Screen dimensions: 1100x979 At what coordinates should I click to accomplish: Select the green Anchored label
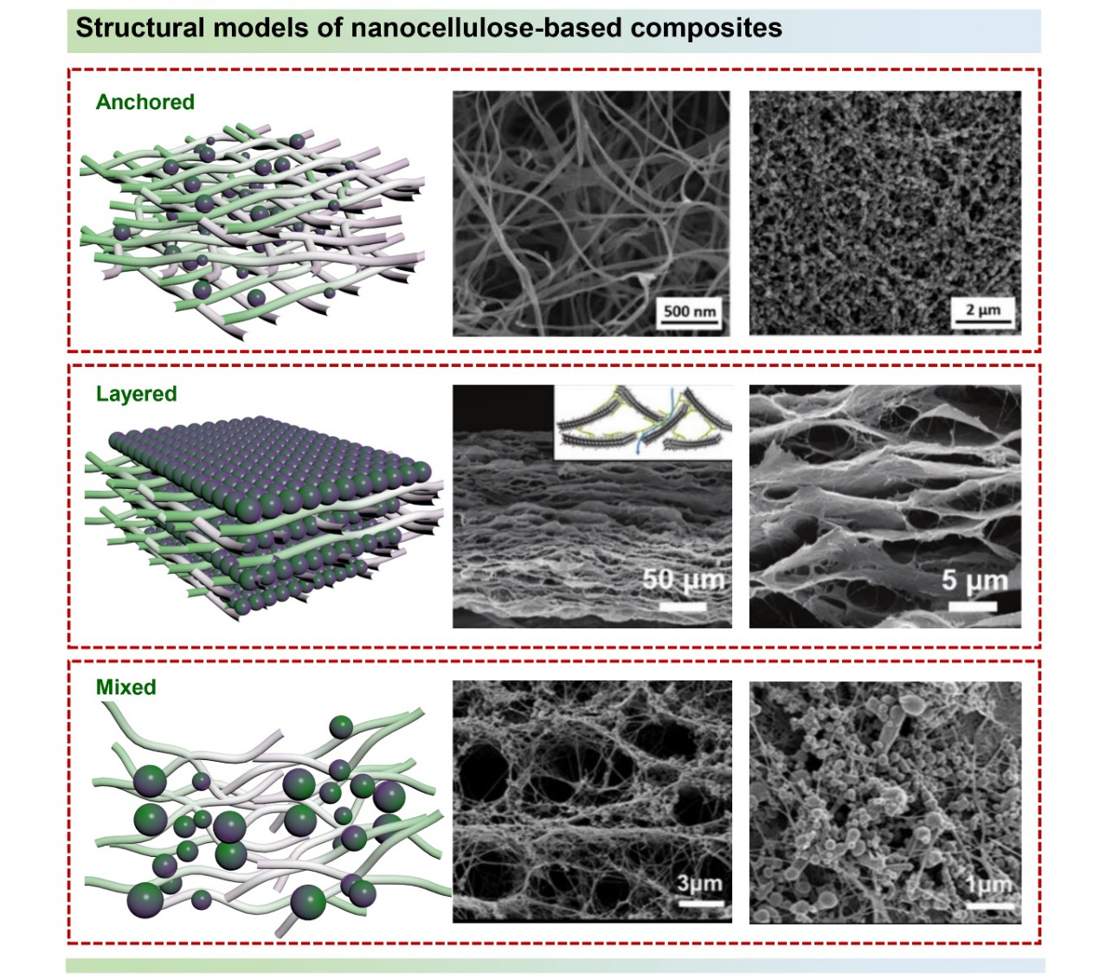pyautogui.click(x=145, y=102)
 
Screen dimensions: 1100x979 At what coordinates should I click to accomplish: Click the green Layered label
pyautogui.click(x=136, y=394)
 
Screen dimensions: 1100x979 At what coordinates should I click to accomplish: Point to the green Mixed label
pyautogui.click(x=126, y=687)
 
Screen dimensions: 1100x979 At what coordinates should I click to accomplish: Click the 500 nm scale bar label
pyautogui.click(x=689, y=311)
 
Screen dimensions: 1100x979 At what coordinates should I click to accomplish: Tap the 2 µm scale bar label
pyautogui.click(x=983, y=310)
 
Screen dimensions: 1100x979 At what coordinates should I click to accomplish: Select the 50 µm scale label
pyautogui.click(x=684, y=579)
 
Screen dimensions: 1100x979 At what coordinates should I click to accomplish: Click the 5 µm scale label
pyautogui.click(x=975, y=580)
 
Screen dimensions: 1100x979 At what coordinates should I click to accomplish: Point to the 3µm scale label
pyautogui.click(x=700, y=884)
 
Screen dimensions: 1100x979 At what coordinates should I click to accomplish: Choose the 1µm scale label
pyautogui.click(x=988, y=886)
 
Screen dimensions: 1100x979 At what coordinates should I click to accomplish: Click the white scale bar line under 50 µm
pyautogui.click(x=683, y=607)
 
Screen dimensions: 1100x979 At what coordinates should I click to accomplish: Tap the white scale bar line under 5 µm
pyautogui.click(x=973, y=606)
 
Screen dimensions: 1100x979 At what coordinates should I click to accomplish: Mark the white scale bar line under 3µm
pyautogui.click(x=701, y=904)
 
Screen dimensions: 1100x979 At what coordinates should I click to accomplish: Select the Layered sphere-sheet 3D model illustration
pyautogui.click(x=264, y=518)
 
